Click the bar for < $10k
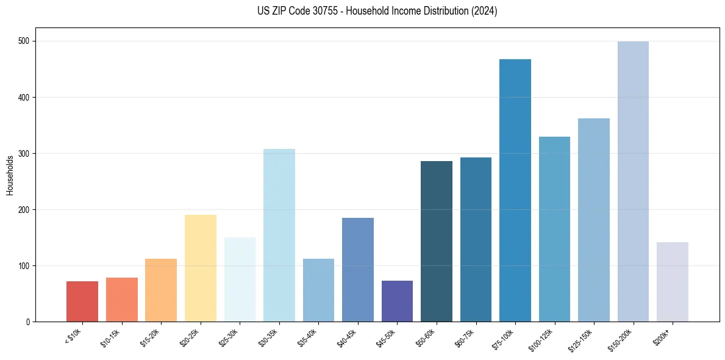click(x=82, y=301)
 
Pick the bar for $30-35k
click(x=279, y=236)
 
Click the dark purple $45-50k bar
click(x=397, y=301)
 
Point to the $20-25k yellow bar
click(x=201, y=268)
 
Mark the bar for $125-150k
click(x=594, y=220)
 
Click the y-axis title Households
click(x=10, y=175)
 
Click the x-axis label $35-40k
click(x=315, y=337)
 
